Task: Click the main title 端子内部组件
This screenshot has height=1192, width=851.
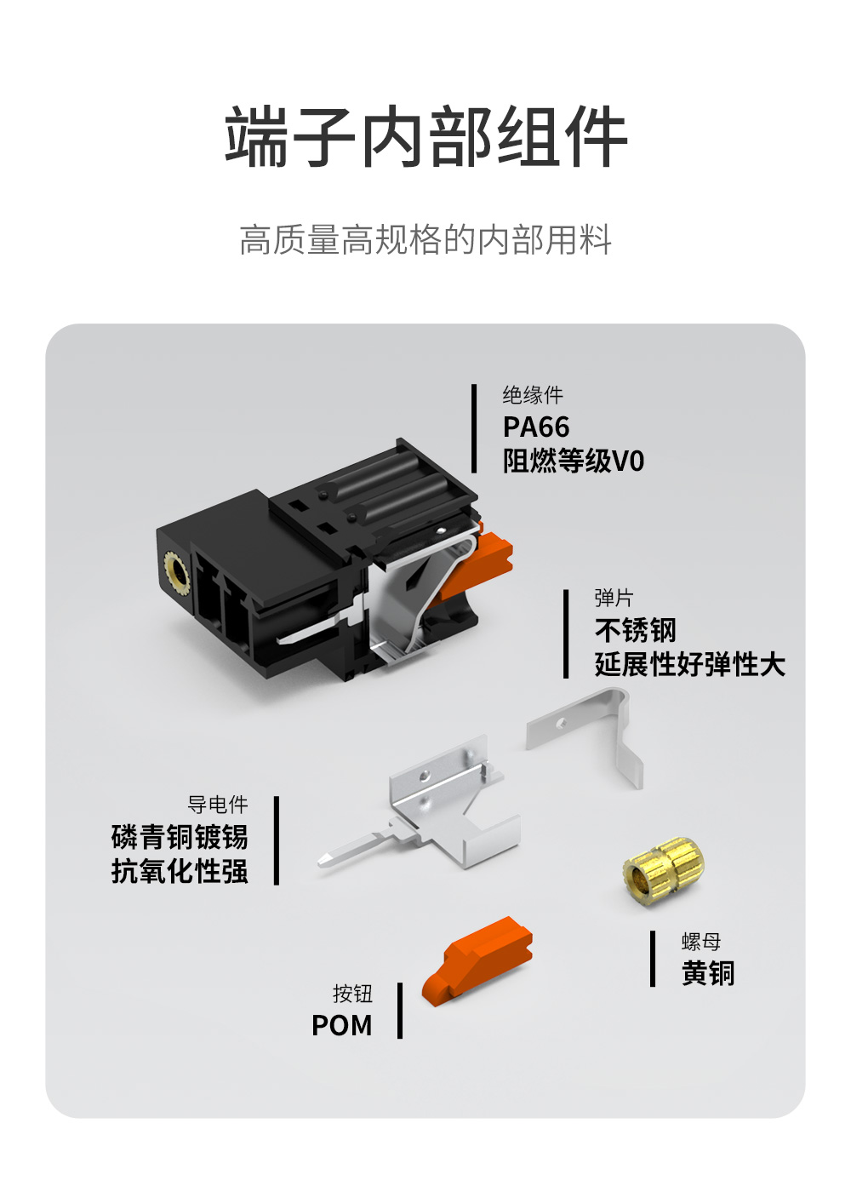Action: click(425, 137)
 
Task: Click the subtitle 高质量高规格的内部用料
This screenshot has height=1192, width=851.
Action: click(425, 240)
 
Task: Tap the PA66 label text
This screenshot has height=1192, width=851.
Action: click(536, 427)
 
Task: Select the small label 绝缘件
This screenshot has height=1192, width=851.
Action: click(533, 395)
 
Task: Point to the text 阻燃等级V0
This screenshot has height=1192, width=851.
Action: click(574, 461)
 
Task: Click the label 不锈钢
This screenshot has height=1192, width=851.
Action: click(635, 631)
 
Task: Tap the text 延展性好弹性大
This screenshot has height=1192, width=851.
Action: click(690, 665)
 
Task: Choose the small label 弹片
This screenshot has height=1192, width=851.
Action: click(614, 598)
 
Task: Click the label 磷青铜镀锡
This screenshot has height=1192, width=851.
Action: click(180, 837)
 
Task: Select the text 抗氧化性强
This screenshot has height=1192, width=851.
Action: click(180, 871)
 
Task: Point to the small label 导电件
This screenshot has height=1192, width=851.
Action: click(218, 805)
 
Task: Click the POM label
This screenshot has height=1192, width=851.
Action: click(341, 1025)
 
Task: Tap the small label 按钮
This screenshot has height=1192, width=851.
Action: click(352, 994)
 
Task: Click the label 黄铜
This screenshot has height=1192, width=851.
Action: click(708, 973)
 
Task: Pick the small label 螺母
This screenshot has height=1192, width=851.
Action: click(701, 942)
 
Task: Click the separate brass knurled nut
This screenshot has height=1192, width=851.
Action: click(663, 871)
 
